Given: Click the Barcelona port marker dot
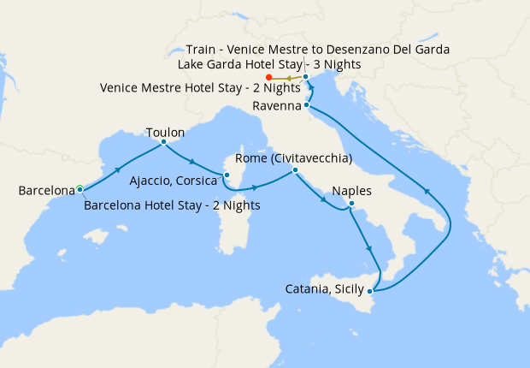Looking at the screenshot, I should tap(79, 188).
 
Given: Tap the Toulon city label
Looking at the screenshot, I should tap(165, 134).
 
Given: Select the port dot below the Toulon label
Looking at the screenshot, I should tap(163, 143).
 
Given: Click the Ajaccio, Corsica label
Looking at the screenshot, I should tap(174, 181).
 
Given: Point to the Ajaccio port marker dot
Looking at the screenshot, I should tap(227, 175).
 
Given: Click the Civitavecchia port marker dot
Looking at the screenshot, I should tap(295, 170).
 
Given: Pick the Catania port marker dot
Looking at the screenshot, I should tap(370, 292).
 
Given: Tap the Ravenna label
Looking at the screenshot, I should tap(278, 106).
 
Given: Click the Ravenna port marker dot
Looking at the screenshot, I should tap(306, 106).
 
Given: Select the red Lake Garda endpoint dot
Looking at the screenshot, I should tap(269, 79).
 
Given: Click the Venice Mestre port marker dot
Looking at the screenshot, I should tap(305, 78).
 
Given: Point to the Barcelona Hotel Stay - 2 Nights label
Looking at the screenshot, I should tap(173, 205).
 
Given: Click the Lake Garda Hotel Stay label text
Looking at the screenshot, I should tap(268, 64).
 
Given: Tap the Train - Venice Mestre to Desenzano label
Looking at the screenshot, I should tap(318, 49).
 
